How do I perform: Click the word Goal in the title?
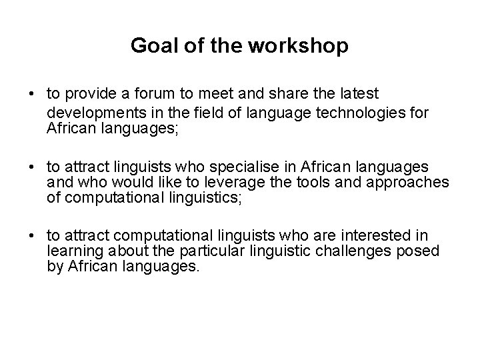150,45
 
